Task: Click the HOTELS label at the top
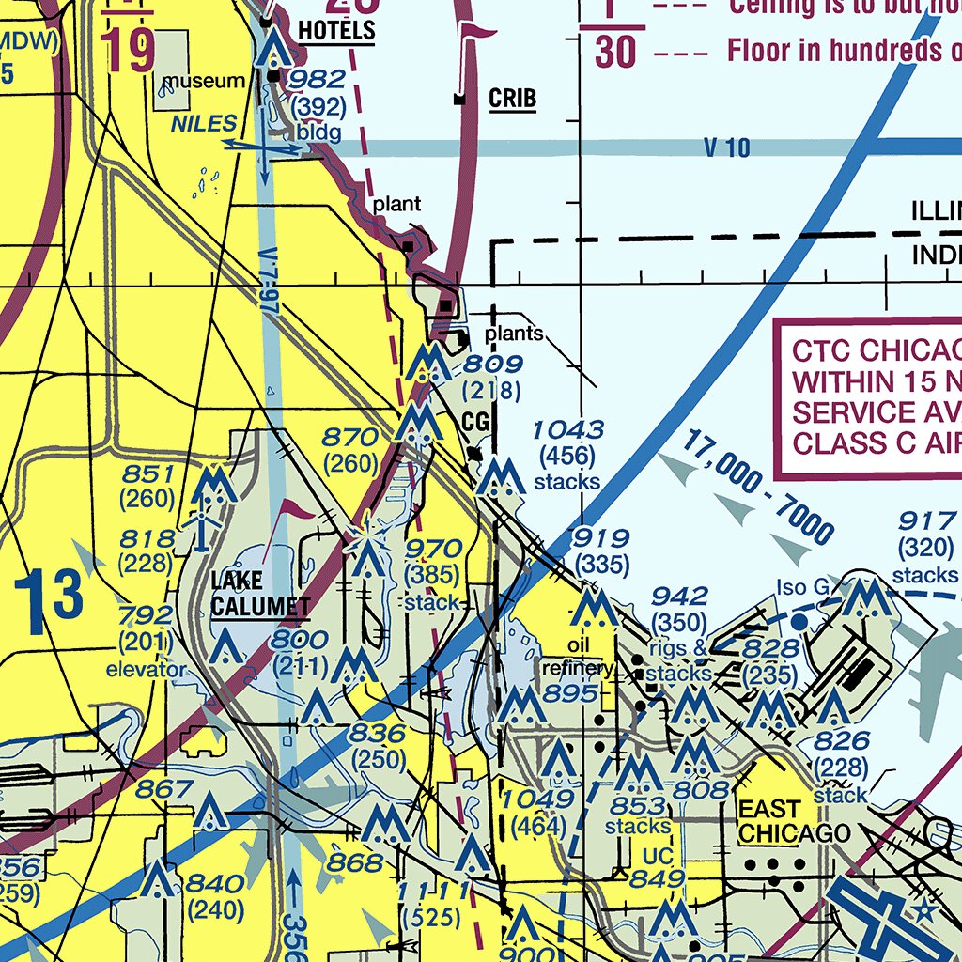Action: click(x=336, y=31)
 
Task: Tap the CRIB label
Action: click(x=512, y=99)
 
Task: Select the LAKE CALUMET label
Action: click(x=259, y=593)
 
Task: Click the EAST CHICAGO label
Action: click(x=794, y=821)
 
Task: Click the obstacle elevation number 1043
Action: click(x=567, y=430)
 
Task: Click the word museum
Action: click(x=203, y=83)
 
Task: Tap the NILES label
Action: click(x=204, y=123)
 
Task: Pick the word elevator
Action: click(x=146, y=670)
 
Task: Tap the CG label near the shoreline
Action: click(x=476, y=423)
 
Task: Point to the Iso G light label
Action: click(x=803, y=589)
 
